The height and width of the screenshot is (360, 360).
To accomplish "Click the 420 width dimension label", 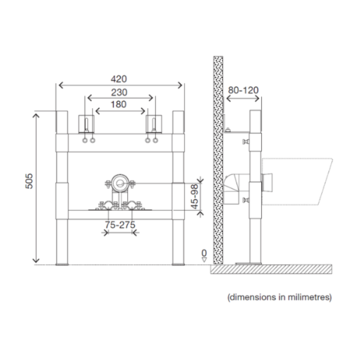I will pos(119,79).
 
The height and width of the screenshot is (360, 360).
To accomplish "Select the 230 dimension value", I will pos(119,92).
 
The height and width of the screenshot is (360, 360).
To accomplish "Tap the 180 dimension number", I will pos(119,105).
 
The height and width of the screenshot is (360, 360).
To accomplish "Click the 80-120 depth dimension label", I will pos(243,90).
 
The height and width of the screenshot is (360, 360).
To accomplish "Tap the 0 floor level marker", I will pos(205,253).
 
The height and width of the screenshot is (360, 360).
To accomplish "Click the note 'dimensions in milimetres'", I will pos(280,297).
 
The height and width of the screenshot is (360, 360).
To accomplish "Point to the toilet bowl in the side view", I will pos(296,180).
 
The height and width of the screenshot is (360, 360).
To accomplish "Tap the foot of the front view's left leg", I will pos(62,264).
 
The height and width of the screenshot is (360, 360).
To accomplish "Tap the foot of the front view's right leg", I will pos(178,264).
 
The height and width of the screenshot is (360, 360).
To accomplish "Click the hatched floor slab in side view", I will pos(271,269).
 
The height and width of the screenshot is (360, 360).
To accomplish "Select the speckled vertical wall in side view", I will pos(218,161).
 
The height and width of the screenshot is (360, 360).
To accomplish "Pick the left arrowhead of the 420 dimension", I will pos(59,85).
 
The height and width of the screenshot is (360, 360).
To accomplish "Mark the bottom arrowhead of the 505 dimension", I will pos(36,260).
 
